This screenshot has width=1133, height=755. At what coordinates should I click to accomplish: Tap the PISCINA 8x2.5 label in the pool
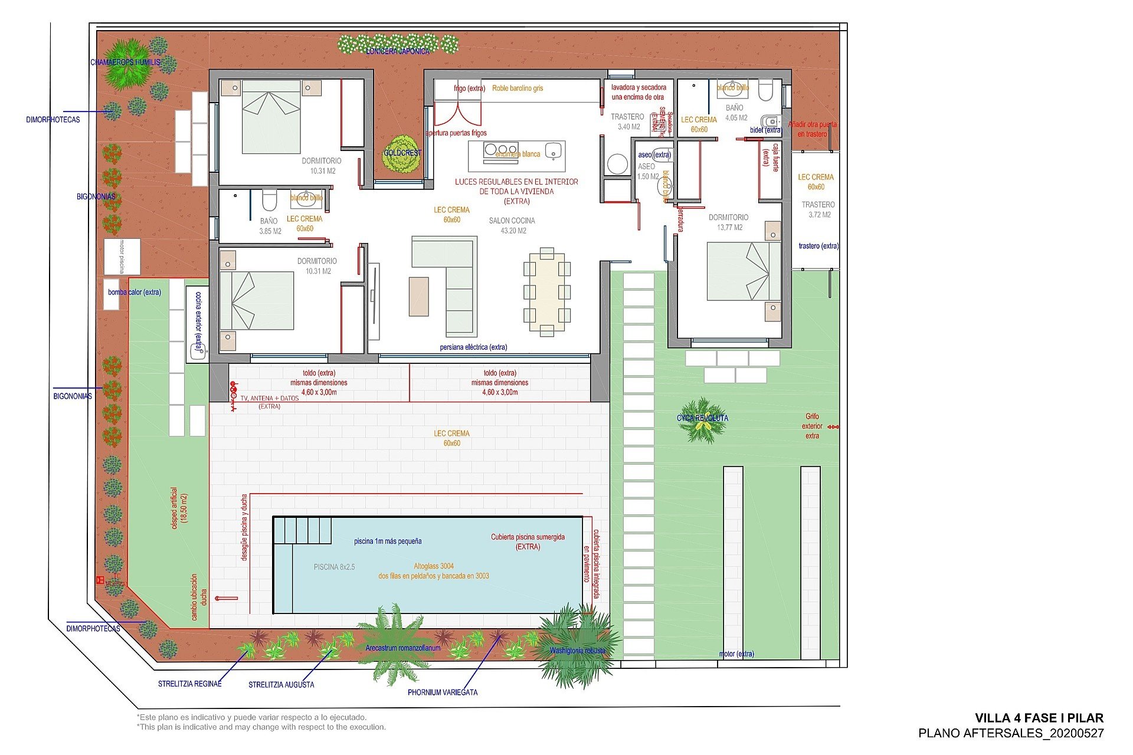[334, 567]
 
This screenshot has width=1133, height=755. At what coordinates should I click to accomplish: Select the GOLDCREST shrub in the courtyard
[403, 153]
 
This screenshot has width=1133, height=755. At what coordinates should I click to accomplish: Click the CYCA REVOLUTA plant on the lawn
[702, 420]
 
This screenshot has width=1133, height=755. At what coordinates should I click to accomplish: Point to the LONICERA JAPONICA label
[398, 51]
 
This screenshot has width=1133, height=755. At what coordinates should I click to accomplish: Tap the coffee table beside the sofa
[418, 297]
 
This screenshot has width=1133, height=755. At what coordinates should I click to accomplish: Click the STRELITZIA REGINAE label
[189, 684]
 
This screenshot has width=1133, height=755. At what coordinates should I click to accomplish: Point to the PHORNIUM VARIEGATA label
[443, 692]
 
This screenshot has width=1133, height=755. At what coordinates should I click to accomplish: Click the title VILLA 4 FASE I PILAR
[1039, 718]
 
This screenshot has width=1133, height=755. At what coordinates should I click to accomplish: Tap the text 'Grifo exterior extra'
[812, 426]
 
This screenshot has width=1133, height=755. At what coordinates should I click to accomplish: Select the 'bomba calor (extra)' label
[135, 292]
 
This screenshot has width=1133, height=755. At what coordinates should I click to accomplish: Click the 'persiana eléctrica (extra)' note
[473, 347]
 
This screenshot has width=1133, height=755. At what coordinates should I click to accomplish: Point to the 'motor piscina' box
[122, 257]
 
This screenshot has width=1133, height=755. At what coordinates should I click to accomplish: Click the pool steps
[302, 530]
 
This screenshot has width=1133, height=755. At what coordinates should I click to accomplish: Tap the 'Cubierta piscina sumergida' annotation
[528, 541]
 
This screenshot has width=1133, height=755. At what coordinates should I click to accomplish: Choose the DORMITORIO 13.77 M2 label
[728, 222]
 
